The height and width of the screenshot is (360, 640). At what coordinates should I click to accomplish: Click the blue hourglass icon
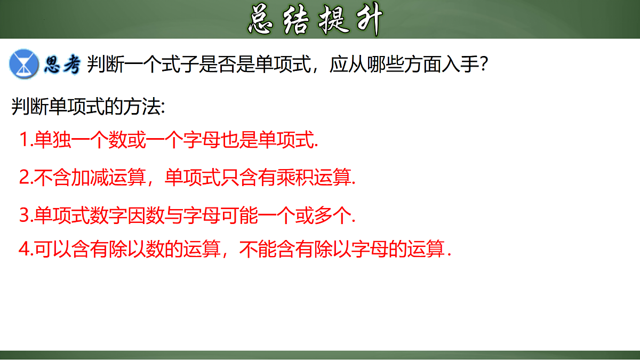tap(24, 65)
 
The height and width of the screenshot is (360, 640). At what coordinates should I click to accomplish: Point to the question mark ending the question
tap(483, 65)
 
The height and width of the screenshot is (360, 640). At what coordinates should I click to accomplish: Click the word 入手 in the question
tap(458, 65)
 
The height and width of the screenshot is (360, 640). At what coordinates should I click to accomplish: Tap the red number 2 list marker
tap(23, 177)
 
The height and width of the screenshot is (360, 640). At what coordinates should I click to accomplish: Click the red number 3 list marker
tap(23, 215)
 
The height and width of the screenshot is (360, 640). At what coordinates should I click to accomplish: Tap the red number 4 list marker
tap(23, 249)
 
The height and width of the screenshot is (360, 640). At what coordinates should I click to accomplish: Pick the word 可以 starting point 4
tap(52, 249)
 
